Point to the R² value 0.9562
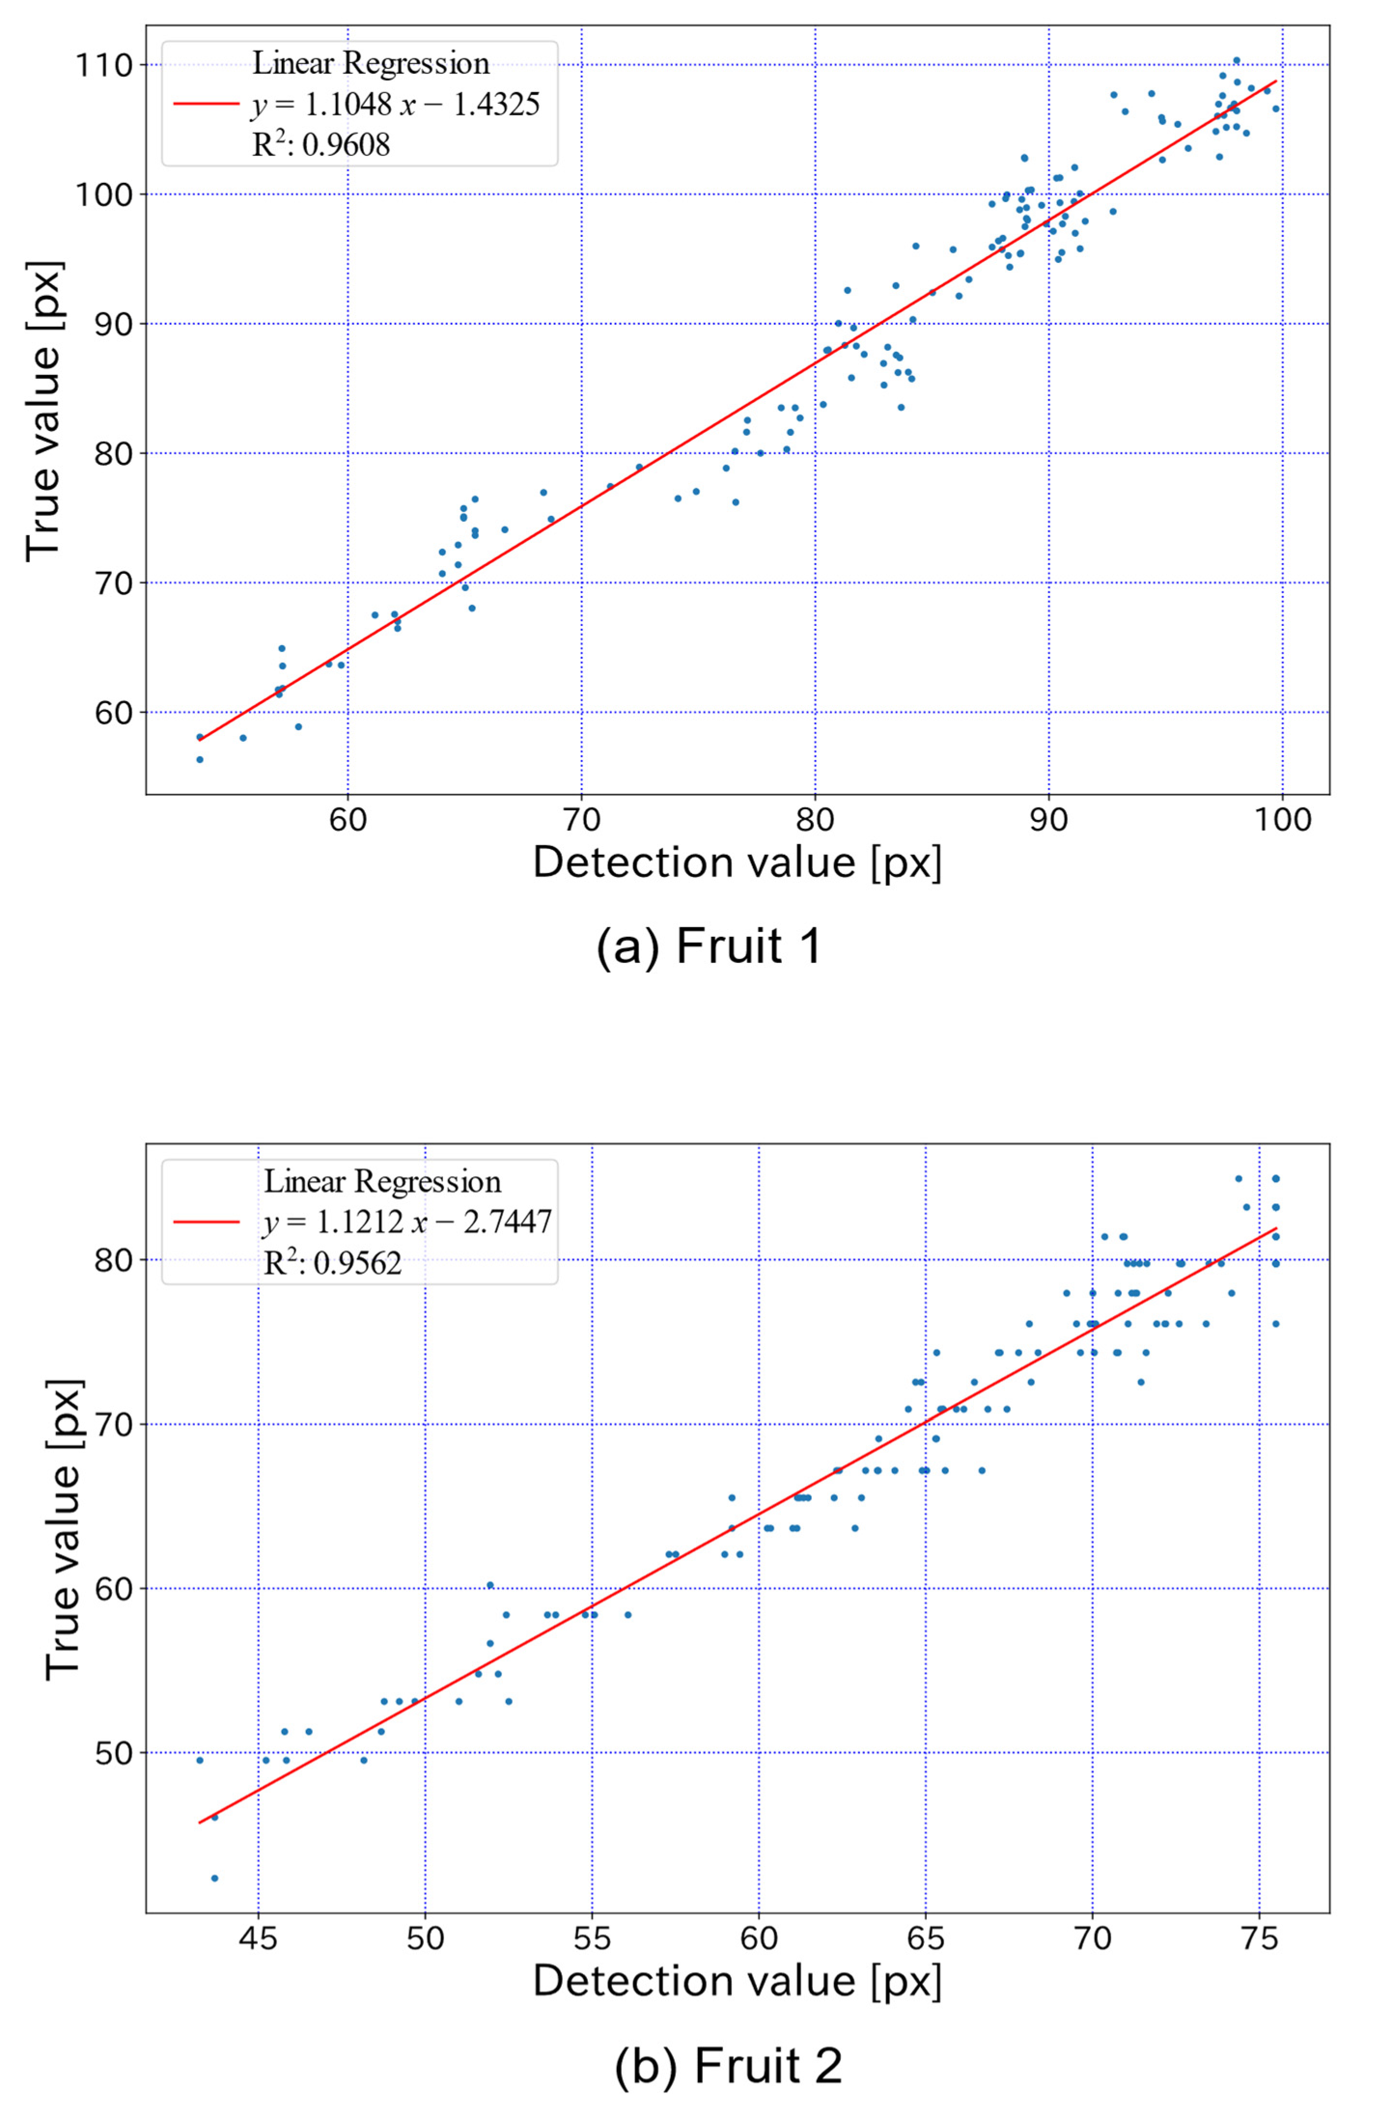click(332, 1263)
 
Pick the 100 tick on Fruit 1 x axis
click(1282, 819)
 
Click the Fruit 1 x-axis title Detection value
click(737, 863)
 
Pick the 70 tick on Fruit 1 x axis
click(581, 819)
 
